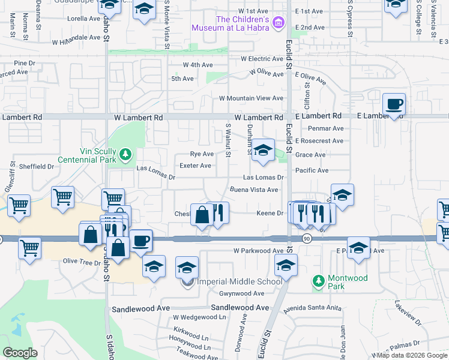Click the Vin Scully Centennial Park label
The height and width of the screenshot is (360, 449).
(x=88, y=157)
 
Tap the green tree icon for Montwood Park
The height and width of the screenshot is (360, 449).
(x=318, y=280)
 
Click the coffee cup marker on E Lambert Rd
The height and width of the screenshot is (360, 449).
(x=394, y=104)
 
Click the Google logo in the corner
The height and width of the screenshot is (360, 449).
(x=20, y=353)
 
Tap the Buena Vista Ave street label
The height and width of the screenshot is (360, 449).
(x=254, y=190)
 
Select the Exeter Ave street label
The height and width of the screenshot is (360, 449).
(x=195, y=166)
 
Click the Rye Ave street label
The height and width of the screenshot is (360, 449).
(x=202, y=154)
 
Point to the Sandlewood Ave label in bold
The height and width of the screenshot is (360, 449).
(x=240, y=307)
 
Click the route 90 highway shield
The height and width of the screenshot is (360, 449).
(x=306, y=239)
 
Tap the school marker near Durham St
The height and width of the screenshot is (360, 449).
(x=262, y=151)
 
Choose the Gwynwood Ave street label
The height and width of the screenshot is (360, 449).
(x=241, y=293)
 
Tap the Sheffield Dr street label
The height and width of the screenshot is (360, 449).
(x=36, y=166)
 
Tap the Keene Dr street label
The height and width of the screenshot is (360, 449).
(x=270, y=213)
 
